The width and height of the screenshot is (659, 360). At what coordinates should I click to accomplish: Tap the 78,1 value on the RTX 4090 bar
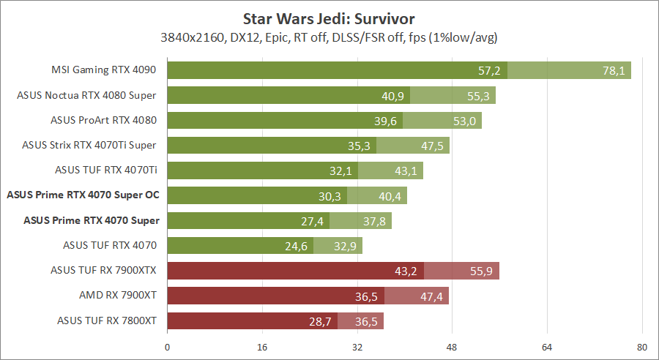click(612, 70)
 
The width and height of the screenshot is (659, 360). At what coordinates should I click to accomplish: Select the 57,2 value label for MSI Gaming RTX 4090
click(488, 70)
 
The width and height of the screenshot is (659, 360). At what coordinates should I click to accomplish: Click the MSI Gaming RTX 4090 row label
click(104, 70)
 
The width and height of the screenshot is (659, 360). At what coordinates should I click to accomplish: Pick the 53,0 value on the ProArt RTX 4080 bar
click(464, 121)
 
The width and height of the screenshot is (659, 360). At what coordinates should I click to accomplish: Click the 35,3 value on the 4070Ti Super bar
click(359, 146)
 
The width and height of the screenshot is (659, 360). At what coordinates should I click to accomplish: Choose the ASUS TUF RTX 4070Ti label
click(105, 170)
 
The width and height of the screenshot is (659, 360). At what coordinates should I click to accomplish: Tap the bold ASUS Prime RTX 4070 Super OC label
click(83, 195)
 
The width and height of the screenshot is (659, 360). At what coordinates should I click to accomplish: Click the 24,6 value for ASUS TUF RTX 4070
click(296, 246)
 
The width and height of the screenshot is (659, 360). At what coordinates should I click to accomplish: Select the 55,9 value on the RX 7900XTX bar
click(482, 271)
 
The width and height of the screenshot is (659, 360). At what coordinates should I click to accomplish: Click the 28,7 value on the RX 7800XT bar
click(320, 320)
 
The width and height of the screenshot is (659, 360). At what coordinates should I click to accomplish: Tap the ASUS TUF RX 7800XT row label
click(106, 320)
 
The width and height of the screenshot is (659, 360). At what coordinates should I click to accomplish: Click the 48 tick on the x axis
click(453, 347)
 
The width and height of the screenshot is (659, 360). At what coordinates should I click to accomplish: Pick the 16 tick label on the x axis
click(263, 347)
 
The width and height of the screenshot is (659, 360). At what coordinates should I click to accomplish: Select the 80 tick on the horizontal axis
click(642, 347)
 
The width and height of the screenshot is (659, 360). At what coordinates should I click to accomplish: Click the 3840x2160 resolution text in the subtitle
click(190, 36)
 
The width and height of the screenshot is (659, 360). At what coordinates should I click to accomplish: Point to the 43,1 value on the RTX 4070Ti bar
click(406, 170)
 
